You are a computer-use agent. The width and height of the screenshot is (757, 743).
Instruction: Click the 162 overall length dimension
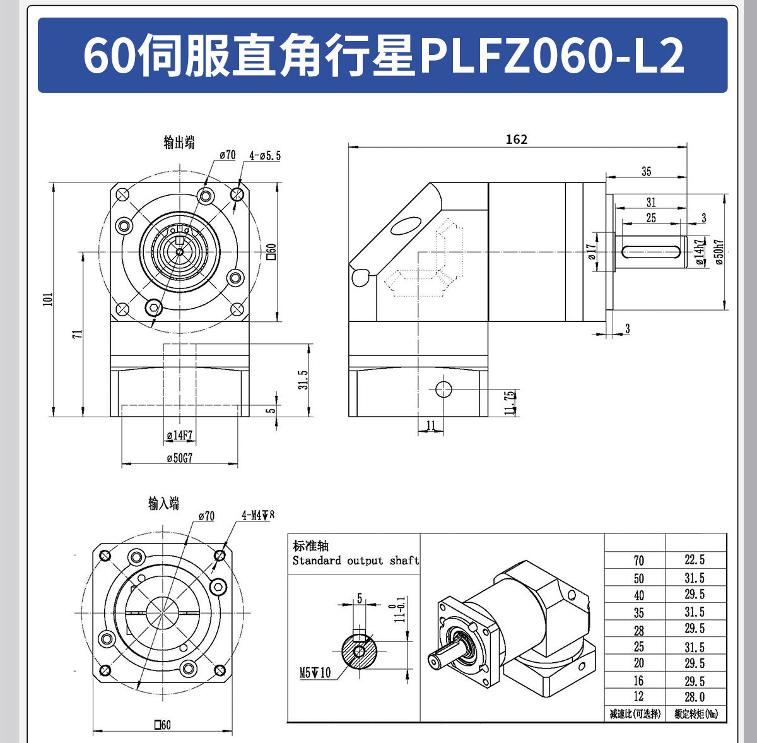pos(516,140)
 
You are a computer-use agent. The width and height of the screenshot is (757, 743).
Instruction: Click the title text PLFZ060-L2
pos(552,56)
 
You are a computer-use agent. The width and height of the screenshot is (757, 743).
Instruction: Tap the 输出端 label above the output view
pos(179,143)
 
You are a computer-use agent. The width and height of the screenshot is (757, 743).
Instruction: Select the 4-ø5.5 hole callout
pos(265,155)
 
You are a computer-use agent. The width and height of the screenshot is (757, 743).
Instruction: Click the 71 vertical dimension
pos(76,335)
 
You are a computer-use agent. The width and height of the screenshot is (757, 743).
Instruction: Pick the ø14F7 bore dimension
pos(180,436)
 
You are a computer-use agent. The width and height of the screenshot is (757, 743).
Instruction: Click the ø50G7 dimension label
pos(180,458)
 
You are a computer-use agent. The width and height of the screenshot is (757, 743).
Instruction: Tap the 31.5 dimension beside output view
pos(303,379)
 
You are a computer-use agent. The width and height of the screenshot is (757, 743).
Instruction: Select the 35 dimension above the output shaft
pos(646,171)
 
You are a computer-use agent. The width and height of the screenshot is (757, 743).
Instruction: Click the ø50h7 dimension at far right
pos(720,252)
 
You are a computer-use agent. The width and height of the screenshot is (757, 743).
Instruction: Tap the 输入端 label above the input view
pos(164,503)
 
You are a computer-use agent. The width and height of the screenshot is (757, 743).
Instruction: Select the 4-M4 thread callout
pos(258,515)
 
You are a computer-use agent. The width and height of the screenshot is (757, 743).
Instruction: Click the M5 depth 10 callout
pos(314,673)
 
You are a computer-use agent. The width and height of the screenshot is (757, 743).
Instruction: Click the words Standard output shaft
pos(355,561)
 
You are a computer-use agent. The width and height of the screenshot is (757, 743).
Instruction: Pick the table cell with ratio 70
pos(638,560)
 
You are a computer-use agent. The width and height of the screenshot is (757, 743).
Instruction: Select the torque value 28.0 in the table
pos(695,697)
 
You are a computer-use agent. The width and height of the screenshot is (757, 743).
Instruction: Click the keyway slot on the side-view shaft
pos(652,252)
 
